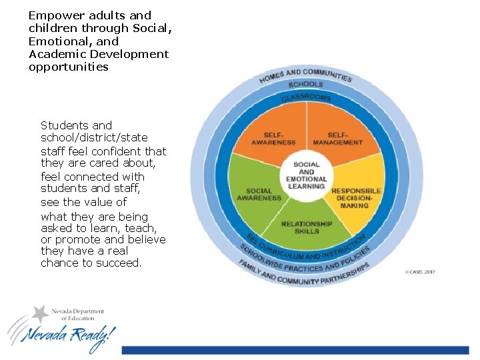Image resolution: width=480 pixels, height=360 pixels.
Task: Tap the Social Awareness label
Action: pyautogui.click(x=259, y=194)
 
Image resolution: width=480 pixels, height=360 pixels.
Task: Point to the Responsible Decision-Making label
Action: pyautogui.click(x=356, y=198)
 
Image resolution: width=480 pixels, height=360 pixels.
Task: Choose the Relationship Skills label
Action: pyautogui.click(x=306, y=227)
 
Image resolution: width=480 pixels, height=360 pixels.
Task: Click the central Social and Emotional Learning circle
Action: pyautogui.click(x=306, y=175)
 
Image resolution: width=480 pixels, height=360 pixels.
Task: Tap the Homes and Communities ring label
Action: pyautogui.click(x=305, y=75)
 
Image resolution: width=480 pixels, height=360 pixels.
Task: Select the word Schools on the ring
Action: pyautogui.click(x=305, y=85)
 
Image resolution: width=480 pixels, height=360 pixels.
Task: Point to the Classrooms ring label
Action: pyautogui.click(x=305, y=98)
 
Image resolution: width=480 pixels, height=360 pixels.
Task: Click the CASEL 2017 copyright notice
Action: pyautogui.click(x=419, y=272)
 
